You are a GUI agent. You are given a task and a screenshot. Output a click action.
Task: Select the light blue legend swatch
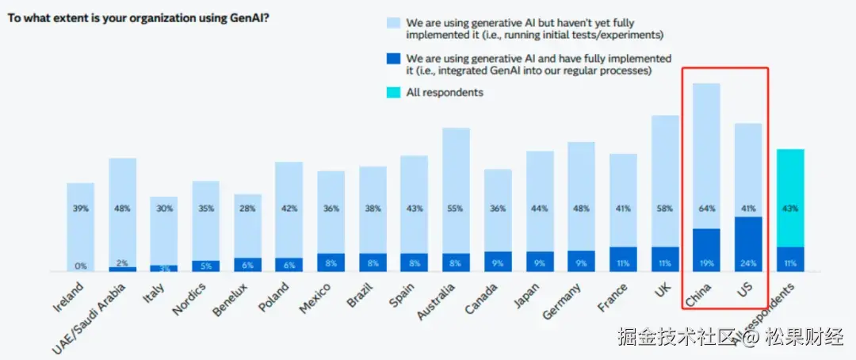394,28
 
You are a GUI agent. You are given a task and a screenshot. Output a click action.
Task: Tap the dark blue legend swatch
394,64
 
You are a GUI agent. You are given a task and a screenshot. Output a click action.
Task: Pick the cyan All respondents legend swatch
394,93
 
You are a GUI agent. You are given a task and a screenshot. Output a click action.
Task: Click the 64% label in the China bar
706,209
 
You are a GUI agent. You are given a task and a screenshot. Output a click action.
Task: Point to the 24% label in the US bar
747,262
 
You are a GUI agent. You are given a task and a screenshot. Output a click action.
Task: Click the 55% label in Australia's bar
456,209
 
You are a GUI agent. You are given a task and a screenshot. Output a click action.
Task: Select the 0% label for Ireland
80,266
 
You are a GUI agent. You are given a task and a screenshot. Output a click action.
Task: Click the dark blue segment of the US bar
747,242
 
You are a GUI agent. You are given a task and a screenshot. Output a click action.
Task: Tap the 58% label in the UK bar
665,209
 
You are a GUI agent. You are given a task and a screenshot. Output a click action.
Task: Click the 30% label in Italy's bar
164,209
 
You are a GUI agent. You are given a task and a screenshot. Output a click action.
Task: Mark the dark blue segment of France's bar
623,258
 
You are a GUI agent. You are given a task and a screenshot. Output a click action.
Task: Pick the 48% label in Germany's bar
581,209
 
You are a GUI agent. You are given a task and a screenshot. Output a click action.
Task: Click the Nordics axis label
189,297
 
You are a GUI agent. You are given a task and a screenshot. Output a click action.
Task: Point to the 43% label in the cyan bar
790,209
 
